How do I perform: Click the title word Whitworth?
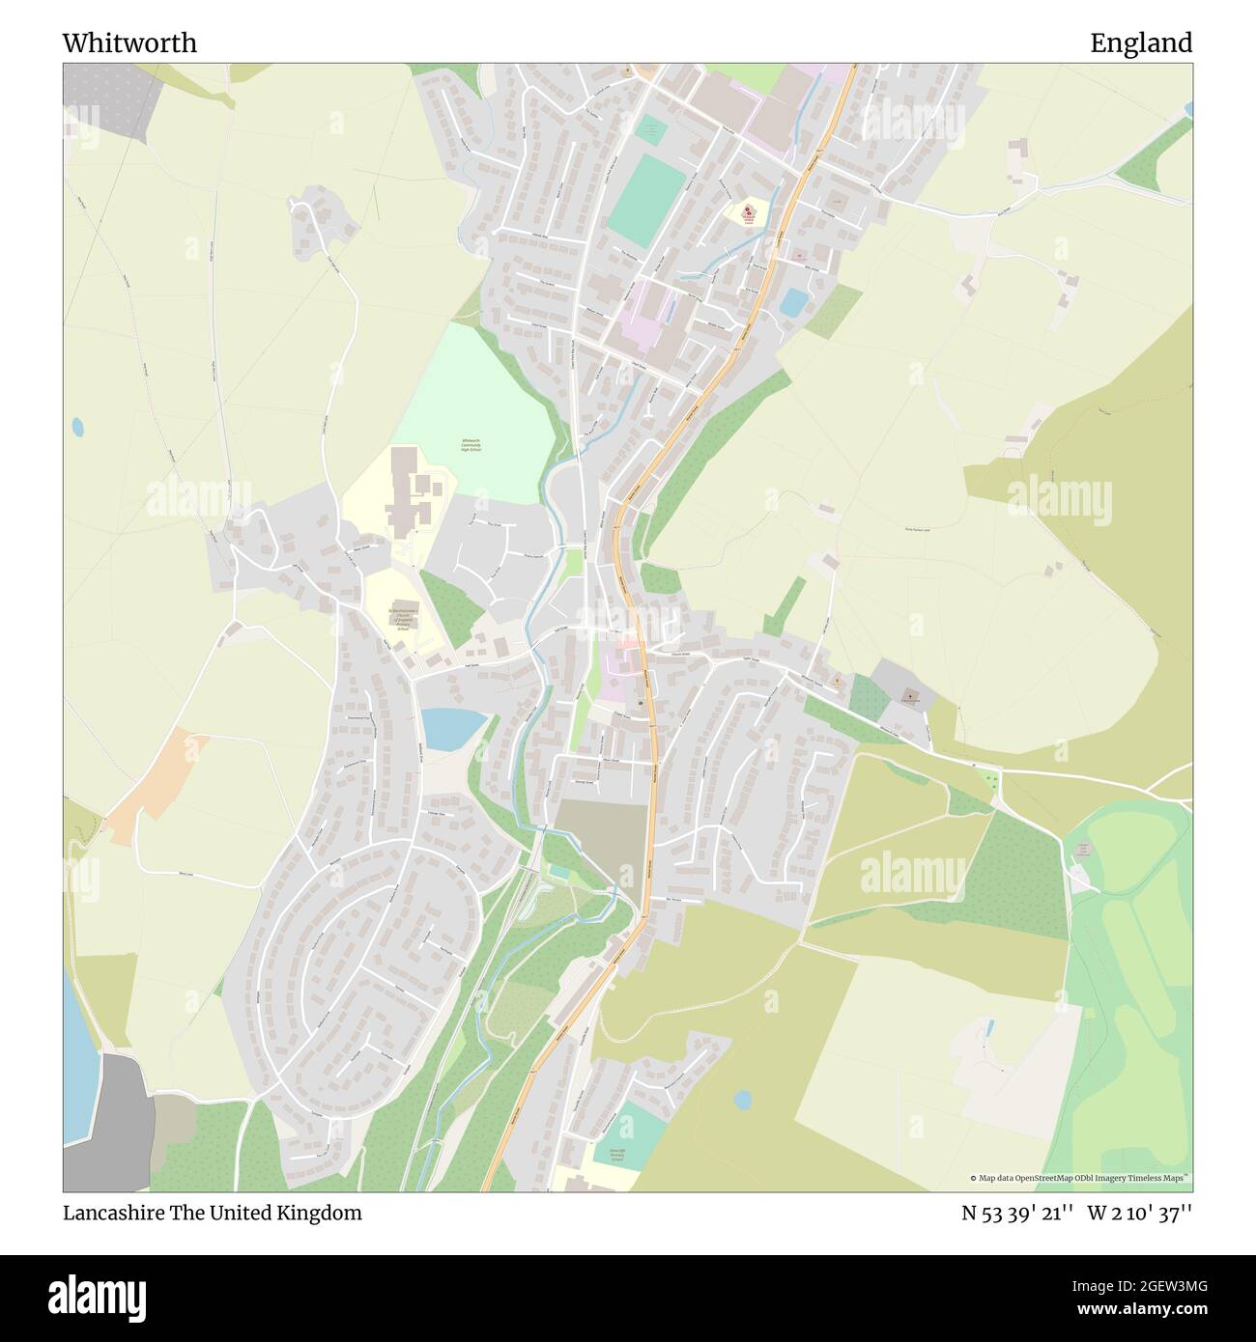click(x=129, y=42)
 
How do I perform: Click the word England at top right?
click(x=1141, y=42)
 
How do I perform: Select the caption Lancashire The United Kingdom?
click(x=213, y=1213)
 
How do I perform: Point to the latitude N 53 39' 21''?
click(x=1016, y=1213)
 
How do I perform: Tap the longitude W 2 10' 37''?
click(x=1140, y=1213)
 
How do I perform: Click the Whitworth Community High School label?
click(x=471, y=445)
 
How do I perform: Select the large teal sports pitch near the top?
click(x=645, y=199)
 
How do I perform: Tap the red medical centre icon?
click(x=749, y=210)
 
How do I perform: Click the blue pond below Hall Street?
click(x=452, y=727)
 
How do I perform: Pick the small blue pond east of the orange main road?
click(x=793, y=302)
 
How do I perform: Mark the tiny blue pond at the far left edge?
click(x=77, y=425)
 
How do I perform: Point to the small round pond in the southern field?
click(x=742, y=1099)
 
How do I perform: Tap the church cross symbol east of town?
click(x=910, y=694)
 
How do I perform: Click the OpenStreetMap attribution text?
click(x=1080, y=1178)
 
